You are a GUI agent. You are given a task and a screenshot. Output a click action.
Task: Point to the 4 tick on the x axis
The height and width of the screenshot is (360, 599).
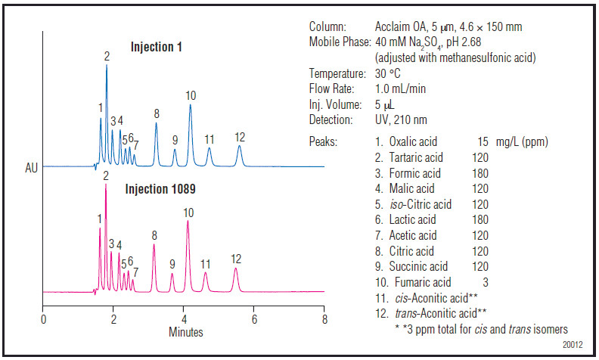[184, 318]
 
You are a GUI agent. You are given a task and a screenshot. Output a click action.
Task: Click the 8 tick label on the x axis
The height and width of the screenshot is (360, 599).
[324, 318]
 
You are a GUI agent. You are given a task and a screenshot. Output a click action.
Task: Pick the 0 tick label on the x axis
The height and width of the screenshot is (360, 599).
[43, 318]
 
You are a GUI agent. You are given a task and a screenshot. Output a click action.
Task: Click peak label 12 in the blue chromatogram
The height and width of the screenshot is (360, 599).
[240, 137]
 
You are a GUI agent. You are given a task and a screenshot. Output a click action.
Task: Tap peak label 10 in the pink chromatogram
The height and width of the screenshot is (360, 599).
[188, 213]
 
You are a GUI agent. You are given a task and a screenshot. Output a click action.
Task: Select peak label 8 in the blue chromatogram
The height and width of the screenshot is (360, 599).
[157, 114]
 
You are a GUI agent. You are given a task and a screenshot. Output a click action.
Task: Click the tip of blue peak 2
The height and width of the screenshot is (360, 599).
[107, 66]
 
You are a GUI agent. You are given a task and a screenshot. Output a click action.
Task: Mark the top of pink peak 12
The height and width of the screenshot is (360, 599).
[235, 268]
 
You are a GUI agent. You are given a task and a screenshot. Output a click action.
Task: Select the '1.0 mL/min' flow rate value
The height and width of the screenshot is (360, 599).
[401, 88]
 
